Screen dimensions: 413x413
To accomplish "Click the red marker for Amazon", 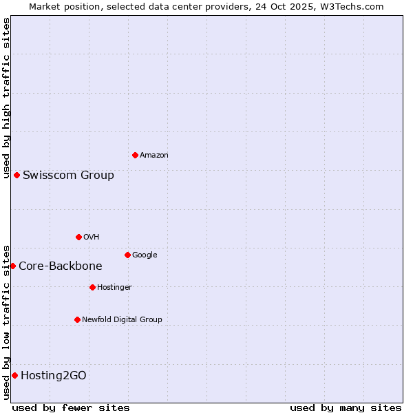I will point(135,155).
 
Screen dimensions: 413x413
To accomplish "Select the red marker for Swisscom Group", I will point(17,175).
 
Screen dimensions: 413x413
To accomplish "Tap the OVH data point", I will point(78,237).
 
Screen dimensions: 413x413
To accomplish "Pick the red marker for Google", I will point(127,255).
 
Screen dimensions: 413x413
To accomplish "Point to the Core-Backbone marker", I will point(12,266).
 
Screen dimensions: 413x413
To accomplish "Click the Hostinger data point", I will point(92,287).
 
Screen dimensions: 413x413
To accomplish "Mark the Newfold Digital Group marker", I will point(77,319).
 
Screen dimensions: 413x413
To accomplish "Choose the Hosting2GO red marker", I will point(14,375).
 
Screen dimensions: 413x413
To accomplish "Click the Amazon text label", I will point(154,156).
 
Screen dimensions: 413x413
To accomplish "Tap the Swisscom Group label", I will point(68,175).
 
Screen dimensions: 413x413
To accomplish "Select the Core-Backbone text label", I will point(61,266).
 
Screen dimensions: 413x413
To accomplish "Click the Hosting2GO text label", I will point(54,375).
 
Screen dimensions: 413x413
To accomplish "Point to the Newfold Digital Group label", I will point(122,319).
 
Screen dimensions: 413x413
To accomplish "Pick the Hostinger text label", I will point(114,287).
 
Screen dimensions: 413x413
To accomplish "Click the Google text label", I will point(145,255).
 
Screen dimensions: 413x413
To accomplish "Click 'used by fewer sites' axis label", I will point(71,407).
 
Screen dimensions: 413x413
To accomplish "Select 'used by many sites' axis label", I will point(346,407).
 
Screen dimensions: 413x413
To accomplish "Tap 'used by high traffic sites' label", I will point(6,98).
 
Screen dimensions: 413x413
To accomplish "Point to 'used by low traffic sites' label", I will point(6,321).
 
